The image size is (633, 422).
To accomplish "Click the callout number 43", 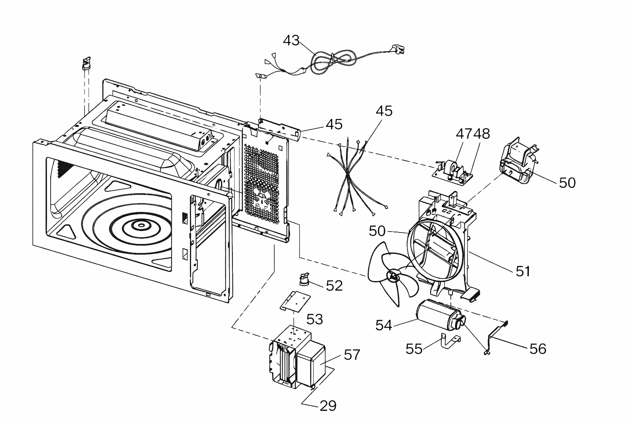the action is (291, 41).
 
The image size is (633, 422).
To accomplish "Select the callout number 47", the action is (464, 134).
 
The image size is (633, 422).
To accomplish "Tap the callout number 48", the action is (481, 134).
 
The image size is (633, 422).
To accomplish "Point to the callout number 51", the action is (523, 271).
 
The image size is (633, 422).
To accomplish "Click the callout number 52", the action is (334, 286).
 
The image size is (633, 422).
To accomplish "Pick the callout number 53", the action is (314, 319).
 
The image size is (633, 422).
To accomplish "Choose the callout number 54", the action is (384, 325).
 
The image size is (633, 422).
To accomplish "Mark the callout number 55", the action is (414, 349).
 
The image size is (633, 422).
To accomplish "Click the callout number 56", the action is (538, 349).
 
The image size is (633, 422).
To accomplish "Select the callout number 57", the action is (352, 355).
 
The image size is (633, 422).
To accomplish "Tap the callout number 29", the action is (328, 406).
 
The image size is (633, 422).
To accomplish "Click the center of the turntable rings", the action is (141, 225).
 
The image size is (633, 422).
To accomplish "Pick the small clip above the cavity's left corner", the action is (87, 63).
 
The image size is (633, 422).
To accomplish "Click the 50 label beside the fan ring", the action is (377, 231).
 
